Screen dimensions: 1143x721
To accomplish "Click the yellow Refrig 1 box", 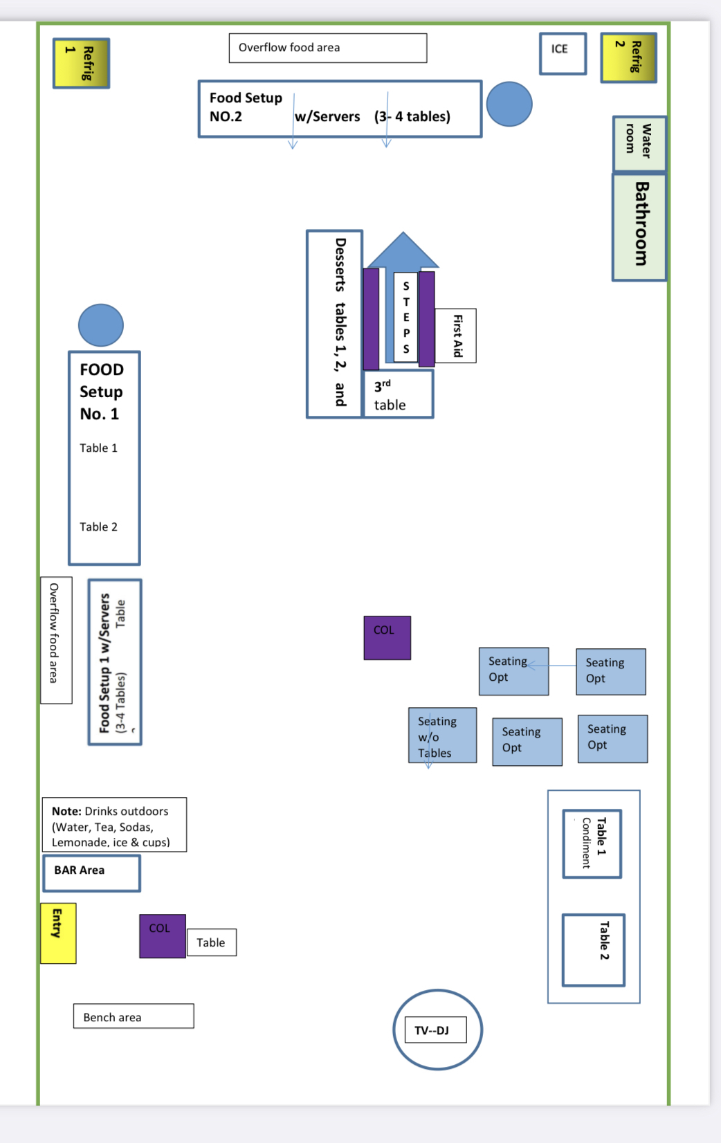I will (x=81, y=63).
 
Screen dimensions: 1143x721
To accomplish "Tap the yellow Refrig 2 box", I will (x=628, y=57).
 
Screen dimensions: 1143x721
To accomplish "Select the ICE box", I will (x=563, y=53).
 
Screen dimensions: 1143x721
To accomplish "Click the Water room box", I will (x=639, y=143).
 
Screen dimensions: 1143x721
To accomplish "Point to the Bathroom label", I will (x=640, y=226).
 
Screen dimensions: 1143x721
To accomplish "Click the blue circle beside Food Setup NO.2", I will (x=509, y=104).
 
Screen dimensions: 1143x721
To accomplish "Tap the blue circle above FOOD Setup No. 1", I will (x=101, y=324).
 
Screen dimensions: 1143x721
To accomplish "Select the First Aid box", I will (x=456, y=336).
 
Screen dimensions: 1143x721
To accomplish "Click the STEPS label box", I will (x=406, y=317).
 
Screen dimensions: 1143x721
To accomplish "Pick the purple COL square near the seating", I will (x=387, y=637).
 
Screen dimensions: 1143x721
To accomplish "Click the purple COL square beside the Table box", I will (x=163, y=935).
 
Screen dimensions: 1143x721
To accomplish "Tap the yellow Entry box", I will (x=58, y=933).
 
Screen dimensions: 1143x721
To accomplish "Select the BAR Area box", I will (x=91, y=872).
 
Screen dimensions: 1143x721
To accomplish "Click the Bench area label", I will (x=134, y=1016).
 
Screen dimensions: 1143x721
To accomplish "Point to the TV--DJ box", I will (x=435, y=1030).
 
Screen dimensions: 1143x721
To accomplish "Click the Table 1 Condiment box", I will (x=592, y=843).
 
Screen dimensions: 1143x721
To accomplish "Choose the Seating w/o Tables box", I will (x=442, y=735).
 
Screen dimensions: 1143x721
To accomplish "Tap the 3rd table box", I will (x=399, y=394).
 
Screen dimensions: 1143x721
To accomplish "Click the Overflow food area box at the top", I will (x=328, y=48).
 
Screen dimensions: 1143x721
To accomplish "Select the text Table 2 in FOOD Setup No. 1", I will (x=98, y=527).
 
